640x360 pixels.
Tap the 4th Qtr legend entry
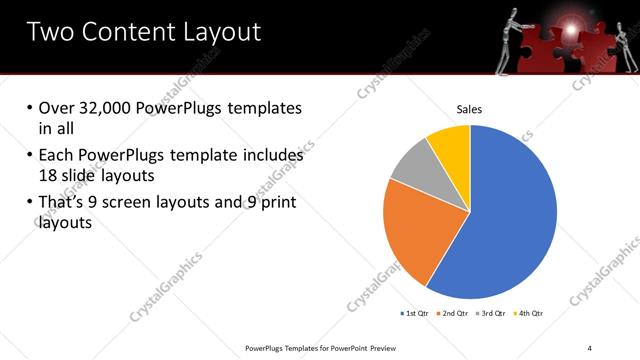[527, 314]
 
